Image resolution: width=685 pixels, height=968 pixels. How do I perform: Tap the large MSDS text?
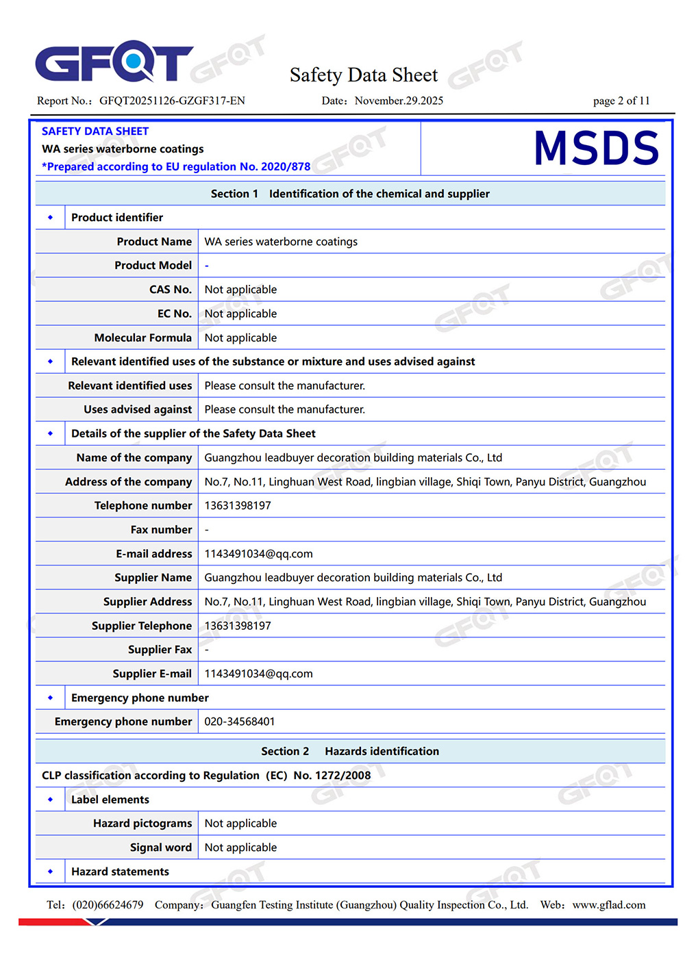[x=596, y=149]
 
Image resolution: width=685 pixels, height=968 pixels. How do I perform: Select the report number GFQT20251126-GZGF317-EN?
[x=172, y=101]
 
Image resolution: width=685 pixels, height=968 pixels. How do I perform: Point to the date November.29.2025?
[x=399, y=101]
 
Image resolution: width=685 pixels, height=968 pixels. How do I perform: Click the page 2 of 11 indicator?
[x=621, y=101]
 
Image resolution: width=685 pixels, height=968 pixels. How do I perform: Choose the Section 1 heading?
[x=350, y=194]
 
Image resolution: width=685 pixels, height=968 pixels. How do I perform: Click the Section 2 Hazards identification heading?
[x=350, y=751]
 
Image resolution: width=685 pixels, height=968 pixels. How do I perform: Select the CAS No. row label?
[x=171, y=290]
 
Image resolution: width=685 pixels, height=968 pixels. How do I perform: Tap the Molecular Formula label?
[x=143, y=337]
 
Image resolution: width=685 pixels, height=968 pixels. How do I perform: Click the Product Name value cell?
[x=281, y=242]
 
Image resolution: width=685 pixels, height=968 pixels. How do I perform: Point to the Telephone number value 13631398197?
[x=238, y=505]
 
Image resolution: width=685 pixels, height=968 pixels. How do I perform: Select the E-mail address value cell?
[x=258, y=554]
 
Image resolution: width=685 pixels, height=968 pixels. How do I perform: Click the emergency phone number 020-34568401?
[x=240, y=722]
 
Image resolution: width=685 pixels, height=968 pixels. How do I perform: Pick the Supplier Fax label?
[x=160, y=650]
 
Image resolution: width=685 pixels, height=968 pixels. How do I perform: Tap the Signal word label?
[x=161, y=848]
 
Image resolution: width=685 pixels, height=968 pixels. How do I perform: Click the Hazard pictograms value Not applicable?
[x=240, y=824]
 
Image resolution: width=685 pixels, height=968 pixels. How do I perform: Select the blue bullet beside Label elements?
[x=50, y=800]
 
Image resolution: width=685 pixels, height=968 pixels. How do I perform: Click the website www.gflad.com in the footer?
[x=608, y=905]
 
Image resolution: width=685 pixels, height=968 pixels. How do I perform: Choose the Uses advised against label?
[x=138, y=409]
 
